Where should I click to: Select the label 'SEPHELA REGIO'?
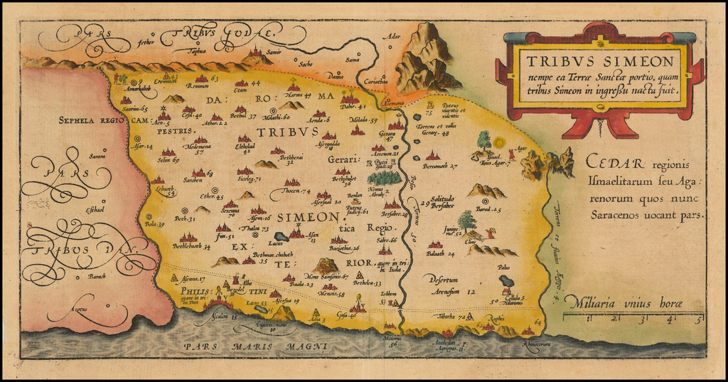92,120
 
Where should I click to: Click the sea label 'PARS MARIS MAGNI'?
255,346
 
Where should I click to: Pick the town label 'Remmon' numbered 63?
198,86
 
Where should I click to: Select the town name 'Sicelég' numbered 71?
245,179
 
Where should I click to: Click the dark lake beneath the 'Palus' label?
506,281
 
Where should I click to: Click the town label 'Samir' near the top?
274,52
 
